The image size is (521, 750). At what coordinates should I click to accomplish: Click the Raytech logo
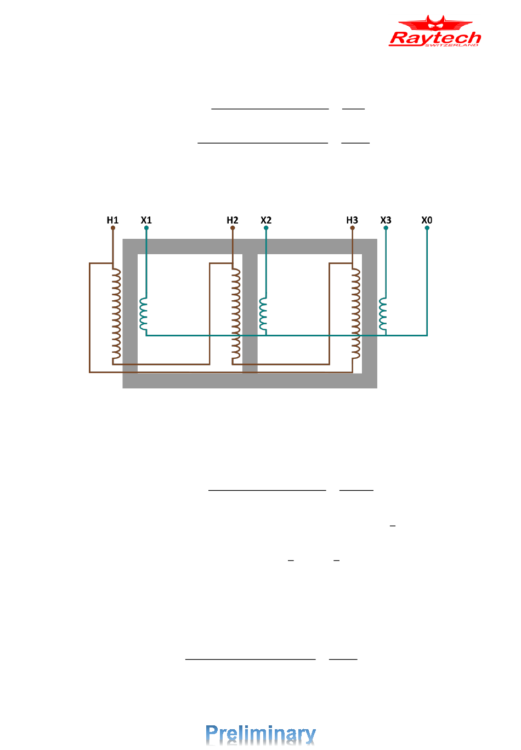435,32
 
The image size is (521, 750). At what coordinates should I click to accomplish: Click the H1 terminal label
112,220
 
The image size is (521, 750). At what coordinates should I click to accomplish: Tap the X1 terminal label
146,220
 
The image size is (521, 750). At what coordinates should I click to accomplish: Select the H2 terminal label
233,220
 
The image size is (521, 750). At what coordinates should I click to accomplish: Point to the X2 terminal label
266,220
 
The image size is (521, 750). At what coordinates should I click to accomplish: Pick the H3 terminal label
352,220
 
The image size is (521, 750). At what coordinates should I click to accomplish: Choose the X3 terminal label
386,220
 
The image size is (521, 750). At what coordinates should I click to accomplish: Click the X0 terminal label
427,220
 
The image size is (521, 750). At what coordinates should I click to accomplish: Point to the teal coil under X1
143,316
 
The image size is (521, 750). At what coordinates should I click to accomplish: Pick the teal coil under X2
263,316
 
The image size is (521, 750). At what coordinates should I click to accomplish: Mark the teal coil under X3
383,316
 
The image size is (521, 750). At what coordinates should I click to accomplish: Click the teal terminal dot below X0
427,228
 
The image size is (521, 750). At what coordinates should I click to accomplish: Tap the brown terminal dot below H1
113,228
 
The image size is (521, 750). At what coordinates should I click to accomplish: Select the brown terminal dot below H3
352,228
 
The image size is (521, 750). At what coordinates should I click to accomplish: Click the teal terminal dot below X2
266,228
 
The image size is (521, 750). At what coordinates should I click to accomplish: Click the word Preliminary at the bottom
260,734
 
